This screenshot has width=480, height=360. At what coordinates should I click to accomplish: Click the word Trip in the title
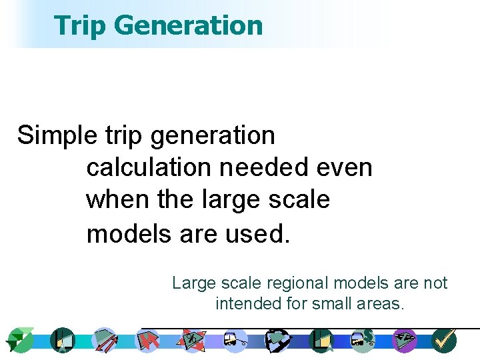click(80, 25)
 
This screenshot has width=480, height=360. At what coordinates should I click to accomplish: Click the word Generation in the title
click(189, 25)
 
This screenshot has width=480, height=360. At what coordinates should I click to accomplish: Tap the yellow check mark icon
click(443, 340)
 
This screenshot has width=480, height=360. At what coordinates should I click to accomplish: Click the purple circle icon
click(404, 340)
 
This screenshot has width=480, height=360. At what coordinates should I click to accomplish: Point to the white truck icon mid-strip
click(235, 340)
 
